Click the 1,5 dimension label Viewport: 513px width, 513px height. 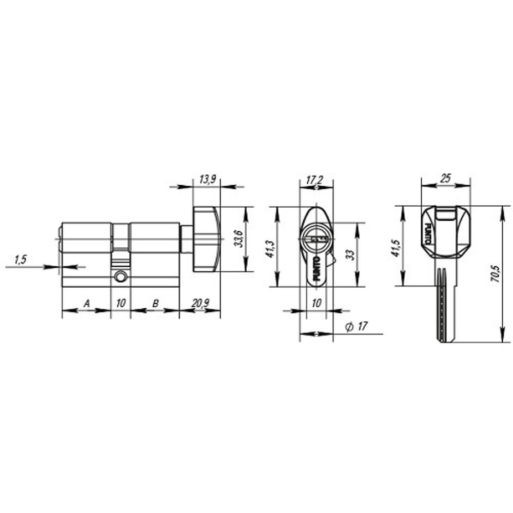click(20, 260)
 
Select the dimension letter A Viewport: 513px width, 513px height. click(87, 304)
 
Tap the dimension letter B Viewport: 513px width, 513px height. click(154, 304)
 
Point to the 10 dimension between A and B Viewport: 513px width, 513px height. click(120, 304)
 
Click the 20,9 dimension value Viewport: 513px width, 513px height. click(200, 304)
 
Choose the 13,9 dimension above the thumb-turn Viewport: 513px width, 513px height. click(207, 180)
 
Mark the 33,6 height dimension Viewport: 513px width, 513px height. click(239, 239)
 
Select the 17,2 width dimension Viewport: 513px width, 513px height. click(314, 180)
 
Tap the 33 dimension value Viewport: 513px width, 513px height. click(351, 255)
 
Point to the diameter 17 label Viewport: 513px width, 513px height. click(358, 327)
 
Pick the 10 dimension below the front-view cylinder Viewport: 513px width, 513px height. click(316, 304)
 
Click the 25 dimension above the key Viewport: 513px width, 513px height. click(445, 179)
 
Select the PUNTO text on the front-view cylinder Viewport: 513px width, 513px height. click(316, 268)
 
